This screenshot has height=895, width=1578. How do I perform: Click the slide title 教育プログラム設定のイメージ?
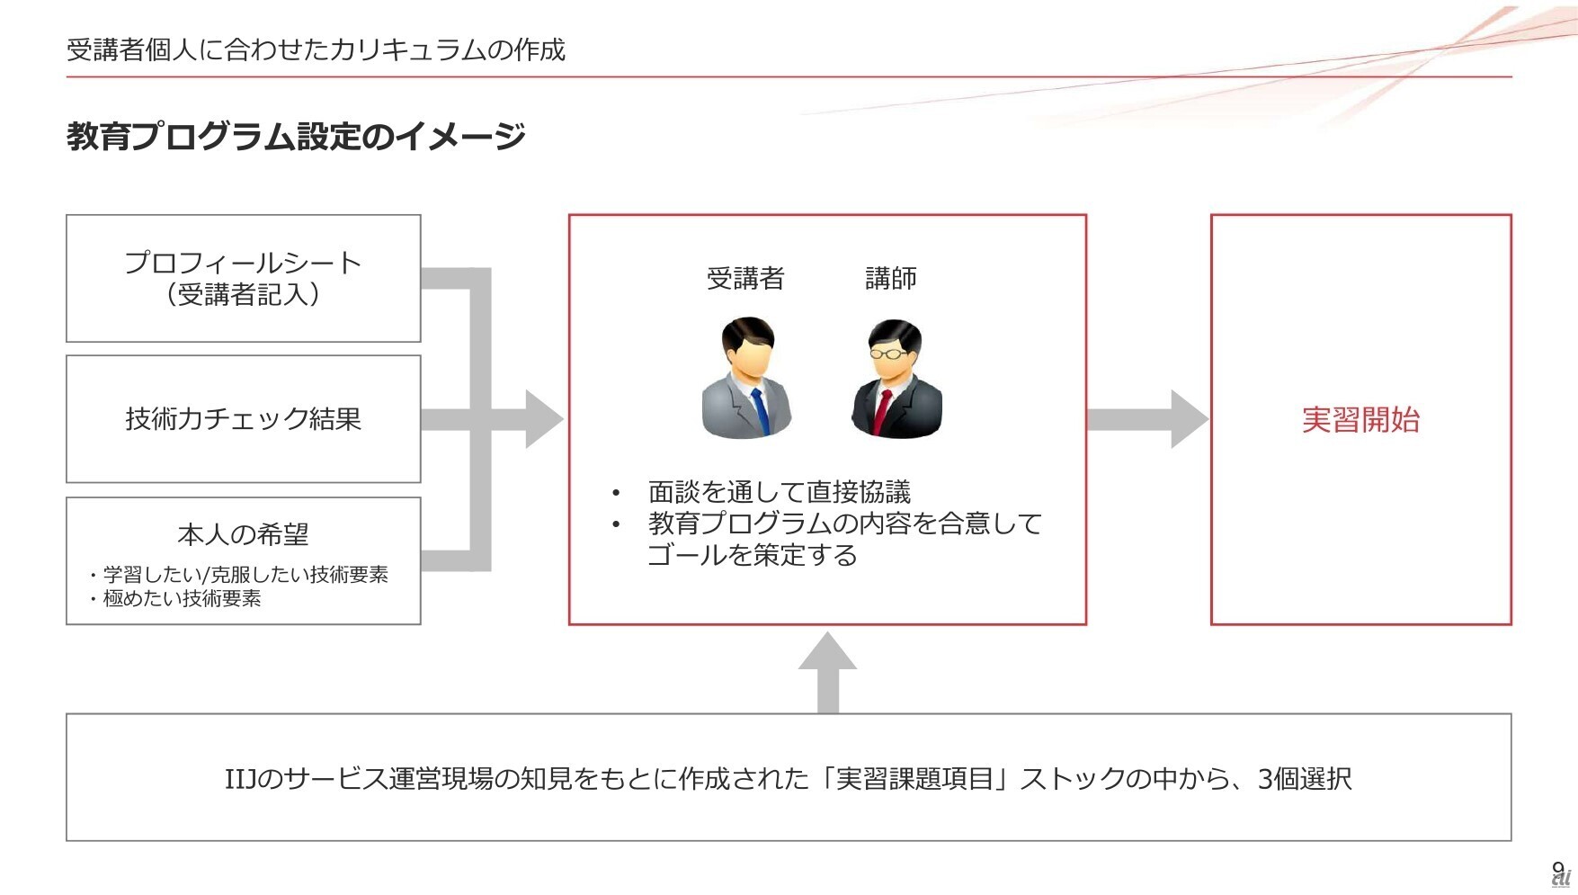coord(295,137)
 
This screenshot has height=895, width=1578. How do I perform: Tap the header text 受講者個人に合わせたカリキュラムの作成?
coord(316,49)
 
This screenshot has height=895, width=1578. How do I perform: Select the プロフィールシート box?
coord(243,278)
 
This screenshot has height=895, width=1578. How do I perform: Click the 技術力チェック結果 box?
coord(243,419)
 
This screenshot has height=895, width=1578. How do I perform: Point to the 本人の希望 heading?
coord(243,534)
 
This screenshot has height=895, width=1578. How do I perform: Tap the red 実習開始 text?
coord(1360,419)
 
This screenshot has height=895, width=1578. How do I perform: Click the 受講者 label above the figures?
coord(745,279)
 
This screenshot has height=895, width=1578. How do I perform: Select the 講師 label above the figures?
coord(891,279)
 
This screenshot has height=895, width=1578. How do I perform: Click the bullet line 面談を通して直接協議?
coord(779,492)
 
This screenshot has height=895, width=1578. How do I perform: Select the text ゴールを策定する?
coord(753,555)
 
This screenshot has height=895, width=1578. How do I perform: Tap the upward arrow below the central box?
coord(827,670)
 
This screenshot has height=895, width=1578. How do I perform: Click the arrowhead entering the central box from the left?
coord(543,419)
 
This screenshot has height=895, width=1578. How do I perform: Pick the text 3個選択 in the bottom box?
coord(1305,778)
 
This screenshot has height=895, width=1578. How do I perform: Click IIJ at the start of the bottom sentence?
coord(241,778)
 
